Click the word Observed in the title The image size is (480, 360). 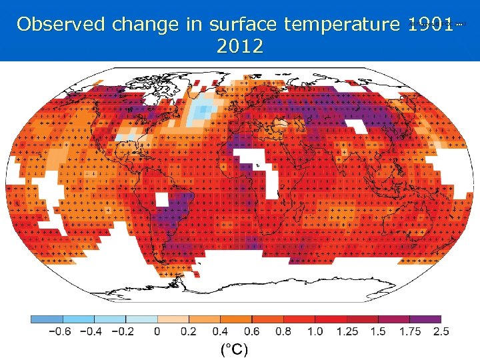[62, 25]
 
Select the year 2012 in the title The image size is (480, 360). [240, 47]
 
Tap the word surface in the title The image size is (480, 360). [243, 25]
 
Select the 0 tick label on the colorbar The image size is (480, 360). [157, 331]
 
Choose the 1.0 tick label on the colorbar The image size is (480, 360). [315, 331]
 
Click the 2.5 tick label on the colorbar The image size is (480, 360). [441, 331]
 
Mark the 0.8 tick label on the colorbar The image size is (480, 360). [283, 331]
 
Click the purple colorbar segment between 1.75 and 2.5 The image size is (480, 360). [425, 319]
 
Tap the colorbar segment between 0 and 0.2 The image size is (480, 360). [173, 319]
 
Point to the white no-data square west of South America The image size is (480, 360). [162, 199]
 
